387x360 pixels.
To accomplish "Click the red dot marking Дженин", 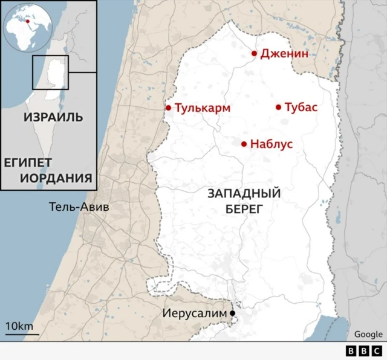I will tap(255, 54).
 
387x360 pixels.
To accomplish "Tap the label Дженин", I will tap(284, 54).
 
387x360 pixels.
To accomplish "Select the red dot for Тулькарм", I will tap(169, 108).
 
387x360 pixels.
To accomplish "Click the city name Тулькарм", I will tap(203, 108).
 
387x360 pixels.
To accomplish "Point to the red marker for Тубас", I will tap(279, 108).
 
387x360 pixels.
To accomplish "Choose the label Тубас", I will tap(301, 108).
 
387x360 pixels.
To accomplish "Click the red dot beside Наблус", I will tap(244, 144).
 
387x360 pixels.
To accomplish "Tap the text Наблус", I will tap(271, 144).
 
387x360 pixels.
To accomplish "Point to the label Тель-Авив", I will tap(79, 207).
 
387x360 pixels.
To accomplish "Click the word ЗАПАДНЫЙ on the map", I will tap(244, 194).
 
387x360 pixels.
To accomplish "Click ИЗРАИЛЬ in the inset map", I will tap(54, 117).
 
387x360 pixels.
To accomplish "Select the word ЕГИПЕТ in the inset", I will tap(28, 163).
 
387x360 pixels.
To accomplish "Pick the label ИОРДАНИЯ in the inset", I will tap(56, 178).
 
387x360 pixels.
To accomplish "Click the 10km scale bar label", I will tap(19, 327).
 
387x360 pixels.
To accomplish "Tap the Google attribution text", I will tap(368, 334).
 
